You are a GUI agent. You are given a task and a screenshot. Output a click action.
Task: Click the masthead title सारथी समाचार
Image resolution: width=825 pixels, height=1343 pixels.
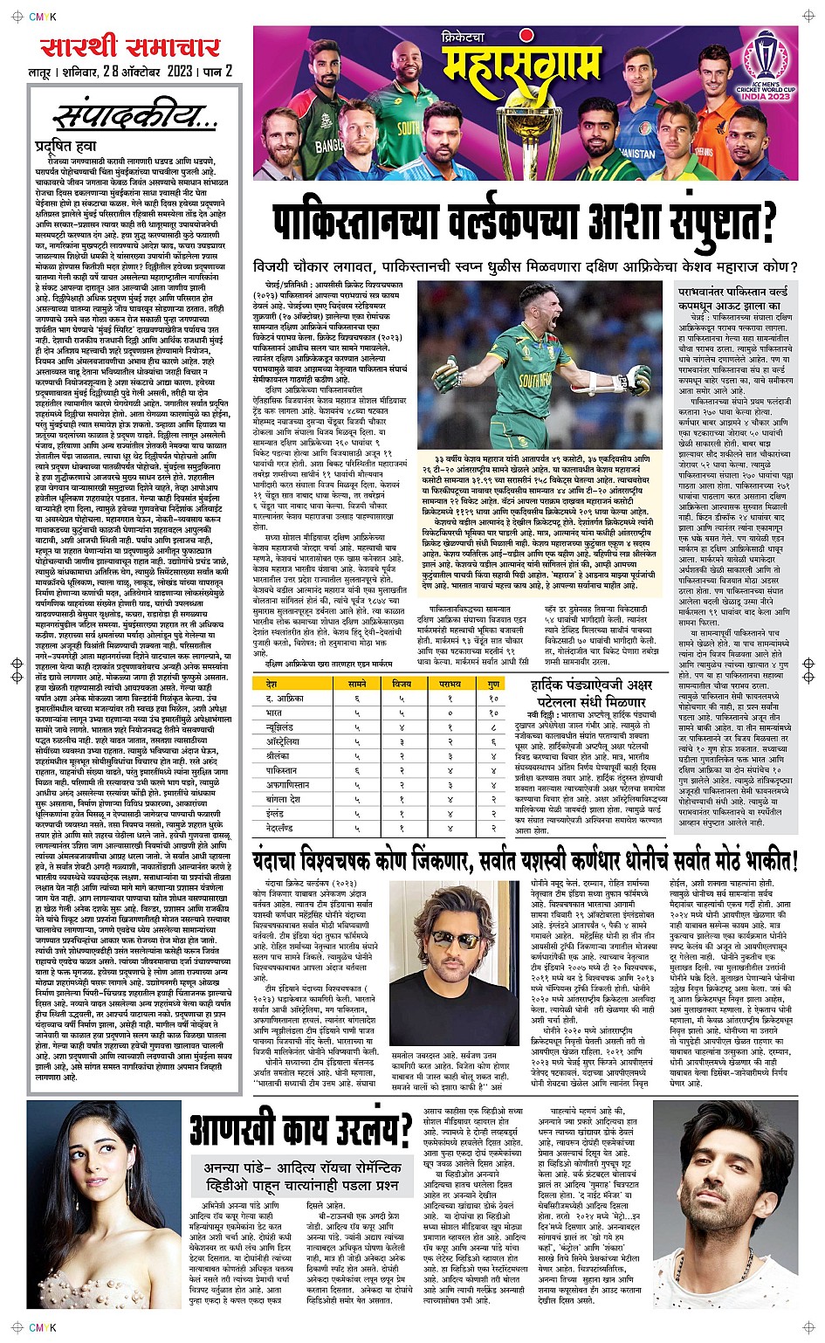[x=127, y=48]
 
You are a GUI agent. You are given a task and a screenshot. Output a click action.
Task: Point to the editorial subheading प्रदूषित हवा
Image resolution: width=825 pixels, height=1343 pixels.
[x=65, y=146]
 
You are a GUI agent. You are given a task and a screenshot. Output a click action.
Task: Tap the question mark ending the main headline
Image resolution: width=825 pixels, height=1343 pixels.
[x=765, y=222]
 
